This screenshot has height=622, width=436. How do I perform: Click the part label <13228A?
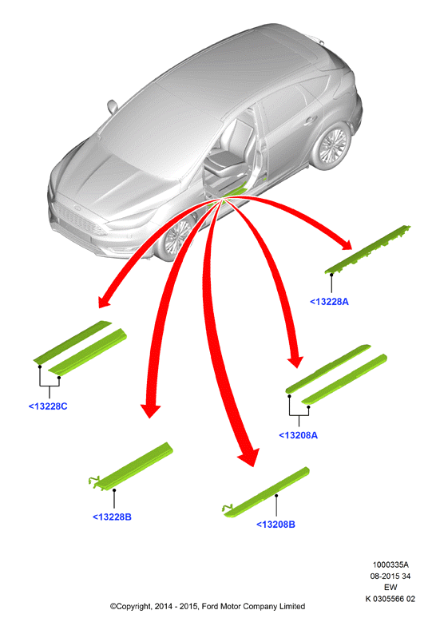coord(329,302)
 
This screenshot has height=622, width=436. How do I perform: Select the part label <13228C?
coord(48,406)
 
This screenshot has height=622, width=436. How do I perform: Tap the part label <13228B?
coord(112,517)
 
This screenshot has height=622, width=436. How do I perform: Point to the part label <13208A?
coord(299,435)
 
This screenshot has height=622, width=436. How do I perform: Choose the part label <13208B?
coord(275,525)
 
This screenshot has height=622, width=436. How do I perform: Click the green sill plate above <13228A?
coord(367,249)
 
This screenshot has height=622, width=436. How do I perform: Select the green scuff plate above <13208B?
coord(267,493)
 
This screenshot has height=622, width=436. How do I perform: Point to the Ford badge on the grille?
coord(77,208)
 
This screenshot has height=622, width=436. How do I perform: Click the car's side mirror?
coord(113,106)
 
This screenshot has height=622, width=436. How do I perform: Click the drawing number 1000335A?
coord(390,565)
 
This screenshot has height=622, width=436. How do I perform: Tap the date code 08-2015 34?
coord(390,576)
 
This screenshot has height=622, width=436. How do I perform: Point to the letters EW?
coord(390,587)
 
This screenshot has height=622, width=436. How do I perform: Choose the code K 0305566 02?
coord(390,599)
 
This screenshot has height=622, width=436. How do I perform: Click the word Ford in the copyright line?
coord(210,606)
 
